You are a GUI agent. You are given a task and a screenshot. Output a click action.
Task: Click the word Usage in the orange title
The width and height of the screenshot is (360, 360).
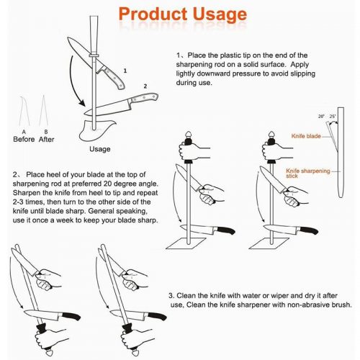pyautogui.click(x=220, y=14)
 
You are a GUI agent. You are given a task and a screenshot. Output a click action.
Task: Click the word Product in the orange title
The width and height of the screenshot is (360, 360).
pyautogui.click(x=153, y=14)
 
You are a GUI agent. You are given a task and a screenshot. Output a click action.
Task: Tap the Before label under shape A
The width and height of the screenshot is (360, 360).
pyautogui.click(x=24, y=139)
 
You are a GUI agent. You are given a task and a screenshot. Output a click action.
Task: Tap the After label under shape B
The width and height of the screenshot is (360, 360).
pyautogui.click(x=46, y=139)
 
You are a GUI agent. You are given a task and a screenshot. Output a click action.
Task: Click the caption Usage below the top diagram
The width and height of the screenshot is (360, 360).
pyautogui.click(x=100, y=149)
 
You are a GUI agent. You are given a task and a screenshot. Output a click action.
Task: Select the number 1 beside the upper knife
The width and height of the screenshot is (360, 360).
pyautogui.click(x=125, y=71)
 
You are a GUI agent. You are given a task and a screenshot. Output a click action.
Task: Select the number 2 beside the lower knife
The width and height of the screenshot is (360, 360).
pyautogui.click(x=145, y=86)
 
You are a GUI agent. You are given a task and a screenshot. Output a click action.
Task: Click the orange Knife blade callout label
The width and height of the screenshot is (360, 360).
pyautogui.click(x=306, y=136)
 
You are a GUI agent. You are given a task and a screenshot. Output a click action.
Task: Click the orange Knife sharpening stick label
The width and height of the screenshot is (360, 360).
pyautogui.click(x=308, y=174)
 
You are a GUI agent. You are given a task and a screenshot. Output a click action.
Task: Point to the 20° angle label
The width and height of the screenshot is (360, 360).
pyautogui.click(x=321, y=117)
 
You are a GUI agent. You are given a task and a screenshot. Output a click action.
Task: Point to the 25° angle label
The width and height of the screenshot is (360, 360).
pyautogui.click(x=333, y=117)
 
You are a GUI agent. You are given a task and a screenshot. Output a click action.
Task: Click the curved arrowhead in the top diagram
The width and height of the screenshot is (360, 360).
pyautogui.click(x=82, y=103)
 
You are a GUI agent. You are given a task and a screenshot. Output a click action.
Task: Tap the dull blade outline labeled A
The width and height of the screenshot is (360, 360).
pyautogui.click(x=24, y=111)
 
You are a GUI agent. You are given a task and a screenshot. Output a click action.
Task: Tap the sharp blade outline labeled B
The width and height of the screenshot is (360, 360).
pyautogui.click(x=44, y=111)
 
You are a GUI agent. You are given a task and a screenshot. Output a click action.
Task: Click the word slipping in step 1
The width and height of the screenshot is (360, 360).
pyautogui.click(x=303, y=73)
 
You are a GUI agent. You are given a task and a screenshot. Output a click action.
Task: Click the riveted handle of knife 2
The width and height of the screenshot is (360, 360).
pyautogui.click(x=144, y=98)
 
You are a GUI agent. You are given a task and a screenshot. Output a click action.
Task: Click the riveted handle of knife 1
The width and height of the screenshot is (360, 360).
pyautogui.click(x=112, y=77)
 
